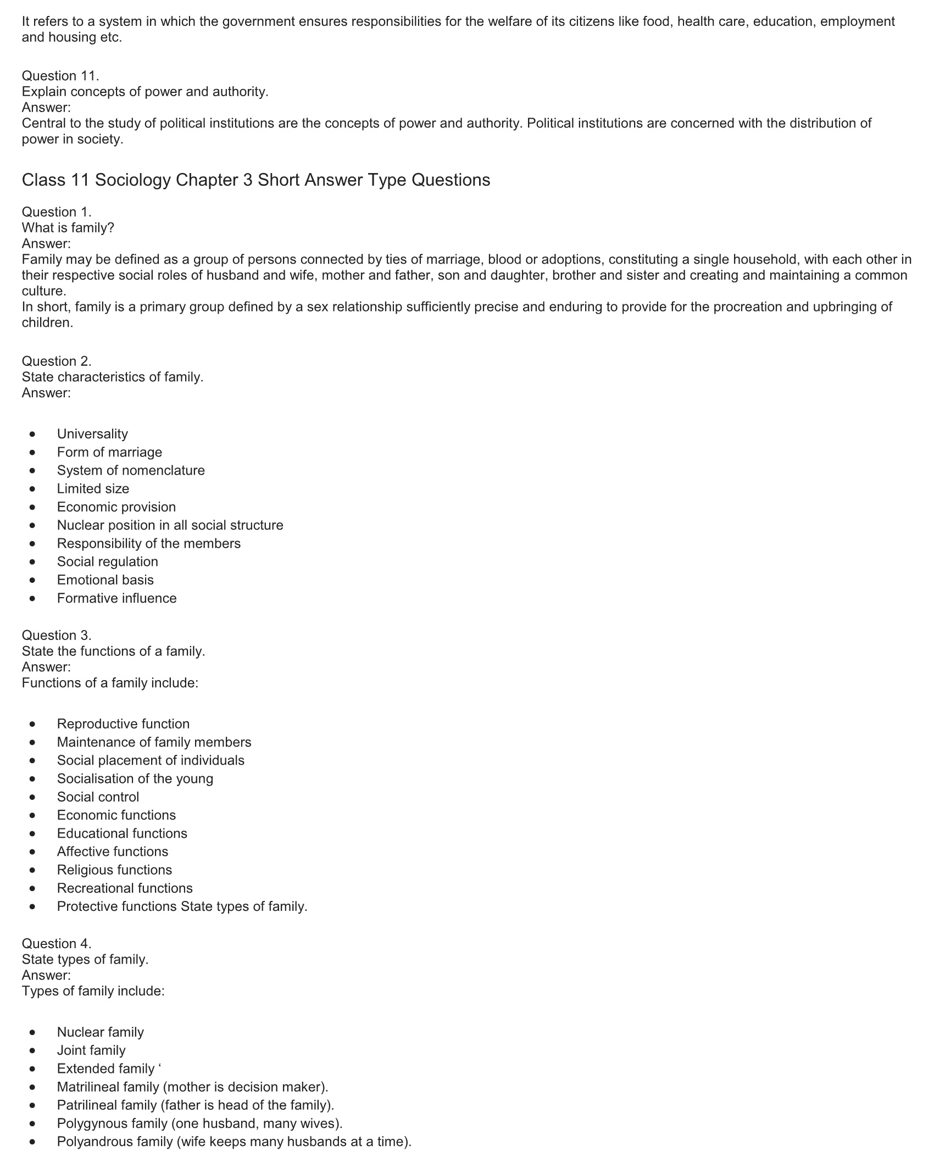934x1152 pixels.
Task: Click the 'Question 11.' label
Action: coord(60,76)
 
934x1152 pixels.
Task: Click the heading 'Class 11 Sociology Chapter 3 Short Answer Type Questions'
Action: coord(256,180)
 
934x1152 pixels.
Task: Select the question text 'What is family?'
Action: coord(68,228)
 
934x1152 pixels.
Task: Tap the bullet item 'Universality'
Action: coord(92,434)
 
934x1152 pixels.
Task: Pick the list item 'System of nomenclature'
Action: coord(131,470)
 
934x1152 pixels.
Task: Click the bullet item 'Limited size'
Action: coord(93,489)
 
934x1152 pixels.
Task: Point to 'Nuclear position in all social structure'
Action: coord(170,525)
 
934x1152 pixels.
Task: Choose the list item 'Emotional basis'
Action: coord(105,580)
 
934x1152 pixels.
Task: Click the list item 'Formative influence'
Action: coord(117,598)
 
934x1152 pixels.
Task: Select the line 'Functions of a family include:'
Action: coord(110,683)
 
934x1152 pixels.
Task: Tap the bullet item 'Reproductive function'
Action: coord(123,724)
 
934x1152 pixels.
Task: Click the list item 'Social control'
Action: coord(98,797)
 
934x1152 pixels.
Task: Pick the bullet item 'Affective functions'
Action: coord(113,852)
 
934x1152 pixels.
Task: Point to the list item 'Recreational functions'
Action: coord(125,888)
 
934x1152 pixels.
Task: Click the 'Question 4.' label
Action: coord(57,944)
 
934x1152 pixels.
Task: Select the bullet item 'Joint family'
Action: coord(91,1050)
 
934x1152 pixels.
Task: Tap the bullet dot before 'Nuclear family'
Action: coord(33,1032)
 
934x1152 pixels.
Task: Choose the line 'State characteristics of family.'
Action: coord(113,377)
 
